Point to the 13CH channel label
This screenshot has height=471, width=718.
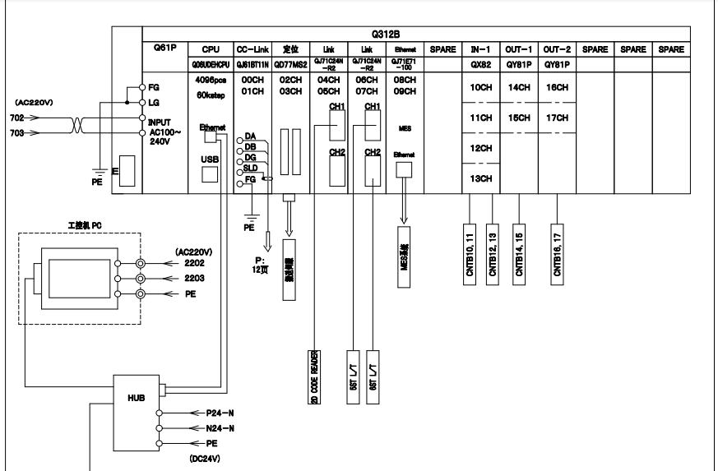(480, 178)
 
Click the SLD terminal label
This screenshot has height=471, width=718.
(250, 167)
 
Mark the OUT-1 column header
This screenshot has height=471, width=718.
(518, 50)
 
